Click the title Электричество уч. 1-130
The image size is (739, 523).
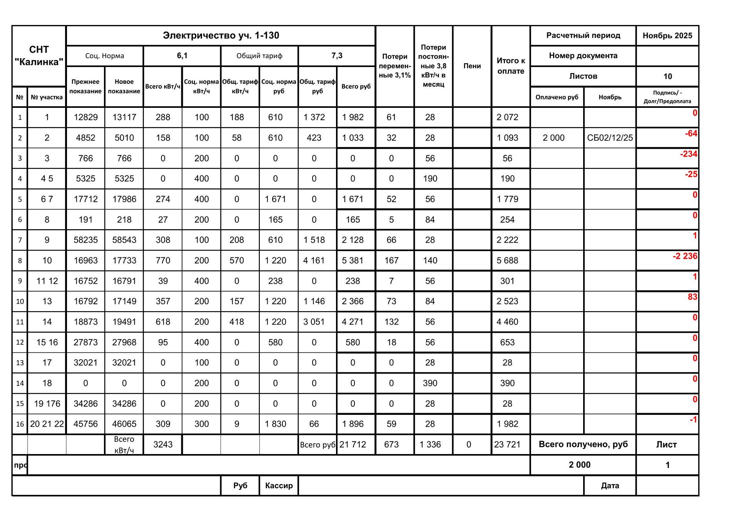click(x=221, y=35)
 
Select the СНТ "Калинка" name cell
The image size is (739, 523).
click(x=39, y=56)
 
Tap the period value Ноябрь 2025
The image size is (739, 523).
click(x=667, y=36)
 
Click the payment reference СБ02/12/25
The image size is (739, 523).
click(x=610, y=138)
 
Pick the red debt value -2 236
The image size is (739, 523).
click(x=685, y=256)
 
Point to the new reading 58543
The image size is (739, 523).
click(x=124, y=240)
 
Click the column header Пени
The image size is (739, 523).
click(x=472, y=66)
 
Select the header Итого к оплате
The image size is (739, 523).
click(x=510, y=66)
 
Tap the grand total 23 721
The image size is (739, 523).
click(x=507, y=444)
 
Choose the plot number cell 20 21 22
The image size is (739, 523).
click(x=47, y=424)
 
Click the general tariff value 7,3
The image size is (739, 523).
click(x=337, y=56)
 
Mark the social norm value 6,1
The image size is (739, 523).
click(x=182, y=56)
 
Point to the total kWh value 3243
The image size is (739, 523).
click(x=163, y=444)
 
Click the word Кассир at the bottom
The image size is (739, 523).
click(x=279, y=486)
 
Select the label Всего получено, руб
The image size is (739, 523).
click(x=583, y=444)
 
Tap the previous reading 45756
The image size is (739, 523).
click(x=85, y=424)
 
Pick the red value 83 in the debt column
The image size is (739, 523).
click(x=692, y=297)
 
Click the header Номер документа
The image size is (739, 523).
click(x=583, y=56)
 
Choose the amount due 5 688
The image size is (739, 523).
click(x=507, y=261)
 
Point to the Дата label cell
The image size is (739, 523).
click(x=610, y=486)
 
